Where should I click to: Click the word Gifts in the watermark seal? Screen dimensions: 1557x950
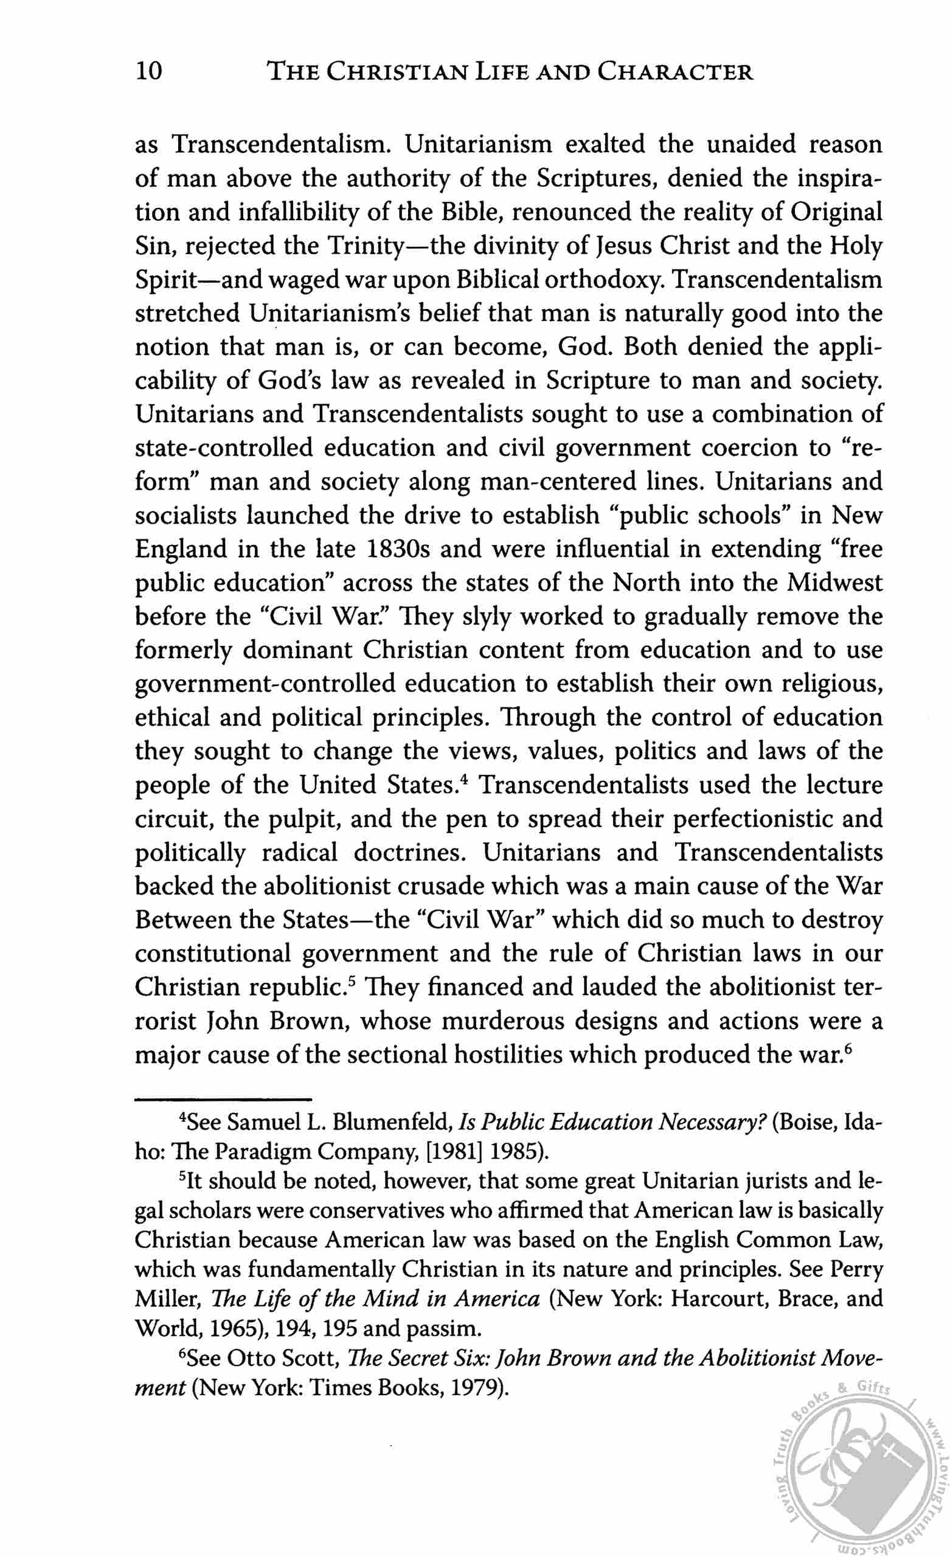[x=873, y=1389]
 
